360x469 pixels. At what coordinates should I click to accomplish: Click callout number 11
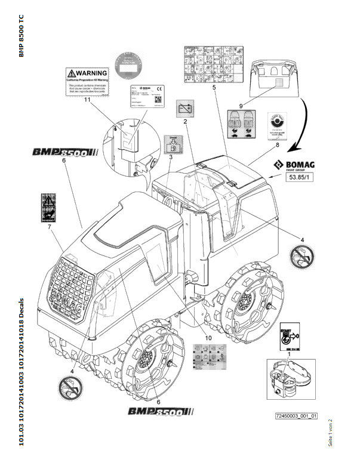tap(88, 100)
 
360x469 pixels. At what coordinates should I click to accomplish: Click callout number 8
tap(276, 144)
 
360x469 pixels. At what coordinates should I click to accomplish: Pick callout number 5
tap(213, 87)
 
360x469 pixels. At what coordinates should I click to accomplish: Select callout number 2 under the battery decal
tap(186, 121)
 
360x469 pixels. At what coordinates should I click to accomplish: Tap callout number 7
tap(50, 227)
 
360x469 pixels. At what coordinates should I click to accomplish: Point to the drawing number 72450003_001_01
tap(296, 416)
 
